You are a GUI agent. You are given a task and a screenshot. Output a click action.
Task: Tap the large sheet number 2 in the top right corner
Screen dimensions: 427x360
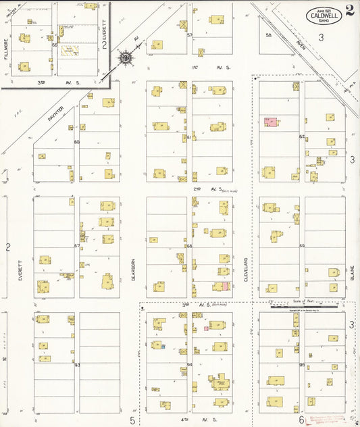(x=349, y=10)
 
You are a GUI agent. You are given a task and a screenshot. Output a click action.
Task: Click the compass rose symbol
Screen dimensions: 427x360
(x=126, y=58)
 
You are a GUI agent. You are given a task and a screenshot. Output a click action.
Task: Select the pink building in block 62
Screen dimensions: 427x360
(x=270, y=122)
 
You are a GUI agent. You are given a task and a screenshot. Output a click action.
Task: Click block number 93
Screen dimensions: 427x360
(x=77, y=366)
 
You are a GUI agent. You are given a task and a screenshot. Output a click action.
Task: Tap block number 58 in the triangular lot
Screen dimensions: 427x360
(x=268, y=34)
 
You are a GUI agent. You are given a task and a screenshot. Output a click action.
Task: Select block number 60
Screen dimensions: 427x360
(x=77, y=142)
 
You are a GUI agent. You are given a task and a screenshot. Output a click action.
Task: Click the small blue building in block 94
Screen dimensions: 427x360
(x=163, y=346)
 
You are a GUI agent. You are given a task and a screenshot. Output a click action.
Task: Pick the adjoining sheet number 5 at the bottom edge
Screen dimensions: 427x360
(x=132, y=420)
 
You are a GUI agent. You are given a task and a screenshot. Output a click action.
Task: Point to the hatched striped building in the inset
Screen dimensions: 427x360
(x=70, y=50)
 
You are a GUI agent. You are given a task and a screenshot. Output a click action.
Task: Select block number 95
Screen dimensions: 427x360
(x=301, y=366)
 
